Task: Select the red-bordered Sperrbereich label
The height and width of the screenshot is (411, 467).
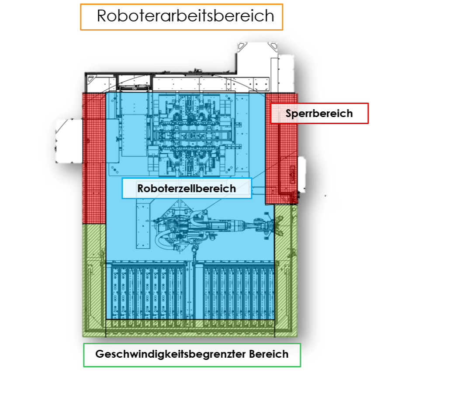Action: point(319,114)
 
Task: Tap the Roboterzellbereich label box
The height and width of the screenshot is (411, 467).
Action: point(187,188)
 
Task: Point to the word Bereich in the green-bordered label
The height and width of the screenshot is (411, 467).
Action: point(269,354)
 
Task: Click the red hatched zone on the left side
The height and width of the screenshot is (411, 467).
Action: point(94,157)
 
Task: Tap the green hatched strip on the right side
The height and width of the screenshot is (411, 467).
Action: point(286,271)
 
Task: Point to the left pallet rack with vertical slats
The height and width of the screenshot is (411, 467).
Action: point(146,290)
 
